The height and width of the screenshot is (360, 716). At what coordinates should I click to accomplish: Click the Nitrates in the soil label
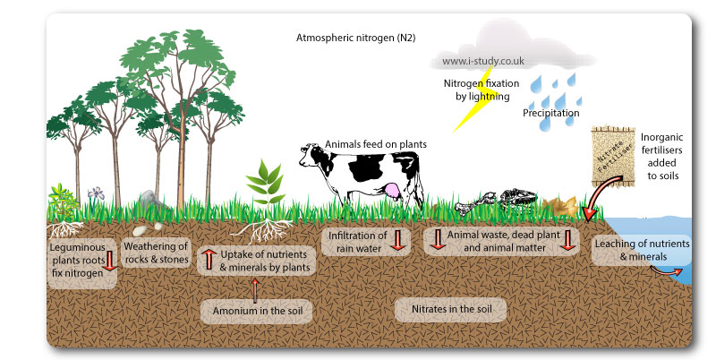click(451, 309)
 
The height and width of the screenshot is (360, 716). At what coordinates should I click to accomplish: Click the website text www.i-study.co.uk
click(483, 63)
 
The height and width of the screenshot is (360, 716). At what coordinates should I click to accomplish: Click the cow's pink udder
click(391, 190)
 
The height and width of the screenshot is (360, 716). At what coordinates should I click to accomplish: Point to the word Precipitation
click(551, 114)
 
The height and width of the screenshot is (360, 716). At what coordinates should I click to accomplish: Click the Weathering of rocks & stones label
click(155, 253)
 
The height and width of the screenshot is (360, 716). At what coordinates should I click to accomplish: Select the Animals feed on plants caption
click(375, 143)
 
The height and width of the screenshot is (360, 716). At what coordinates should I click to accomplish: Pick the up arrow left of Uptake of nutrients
click(208, 259)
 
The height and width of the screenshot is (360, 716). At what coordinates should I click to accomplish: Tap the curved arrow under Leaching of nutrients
click(666, 269)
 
